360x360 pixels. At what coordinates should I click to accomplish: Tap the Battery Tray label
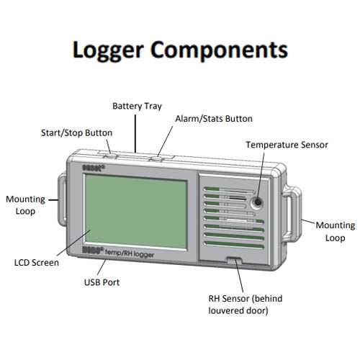click(137, 106)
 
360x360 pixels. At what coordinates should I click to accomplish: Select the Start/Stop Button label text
click(76, 132)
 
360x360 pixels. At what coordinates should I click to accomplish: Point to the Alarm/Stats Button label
click(214, 118)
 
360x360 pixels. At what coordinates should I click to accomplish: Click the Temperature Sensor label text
click(287, 144)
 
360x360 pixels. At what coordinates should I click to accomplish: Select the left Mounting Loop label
click(25, 204)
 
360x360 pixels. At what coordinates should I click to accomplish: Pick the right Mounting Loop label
click(335, 231)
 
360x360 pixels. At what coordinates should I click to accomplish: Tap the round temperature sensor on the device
click(255, 202)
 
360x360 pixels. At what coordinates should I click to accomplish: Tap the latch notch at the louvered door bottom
click(234, 261)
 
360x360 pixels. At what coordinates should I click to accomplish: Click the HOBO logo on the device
click(94, 252)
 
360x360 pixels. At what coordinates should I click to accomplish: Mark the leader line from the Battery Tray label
click(136, 133)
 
